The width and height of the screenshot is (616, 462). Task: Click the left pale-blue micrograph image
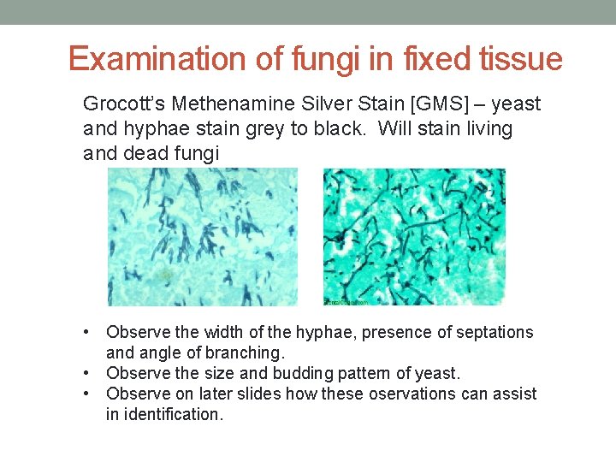pos(202,236)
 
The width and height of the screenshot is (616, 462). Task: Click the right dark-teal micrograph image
pos(414,236)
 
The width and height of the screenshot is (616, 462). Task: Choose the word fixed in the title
pos(429,59)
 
